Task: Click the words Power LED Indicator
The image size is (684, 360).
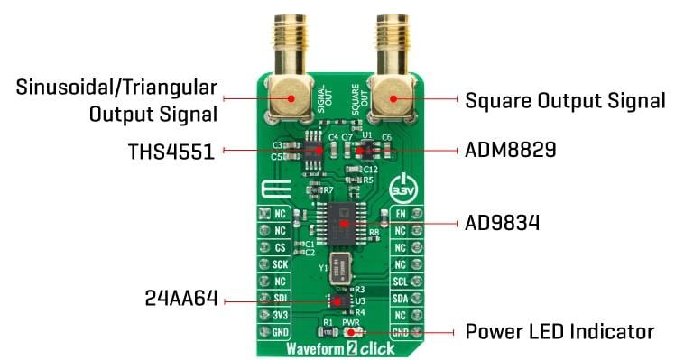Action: pyautogui.click(x=559, y=332)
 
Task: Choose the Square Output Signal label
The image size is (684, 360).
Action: pyautogui.click(x=565, y=99)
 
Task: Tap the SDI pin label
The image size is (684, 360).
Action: pyautogui.click(x=281, y=297)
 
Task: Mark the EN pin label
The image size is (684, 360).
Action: pyautogui.click(x=400, y=215)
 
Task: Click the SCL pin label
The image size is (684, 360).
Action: pyautogui.click(x=400, y=281)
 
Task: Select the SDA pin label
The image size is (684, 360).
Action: pyautogui.click(x=400, y=297)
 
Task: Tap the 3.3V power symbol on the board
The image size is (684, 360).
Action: pyautogui.click(x=402, y=192)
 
